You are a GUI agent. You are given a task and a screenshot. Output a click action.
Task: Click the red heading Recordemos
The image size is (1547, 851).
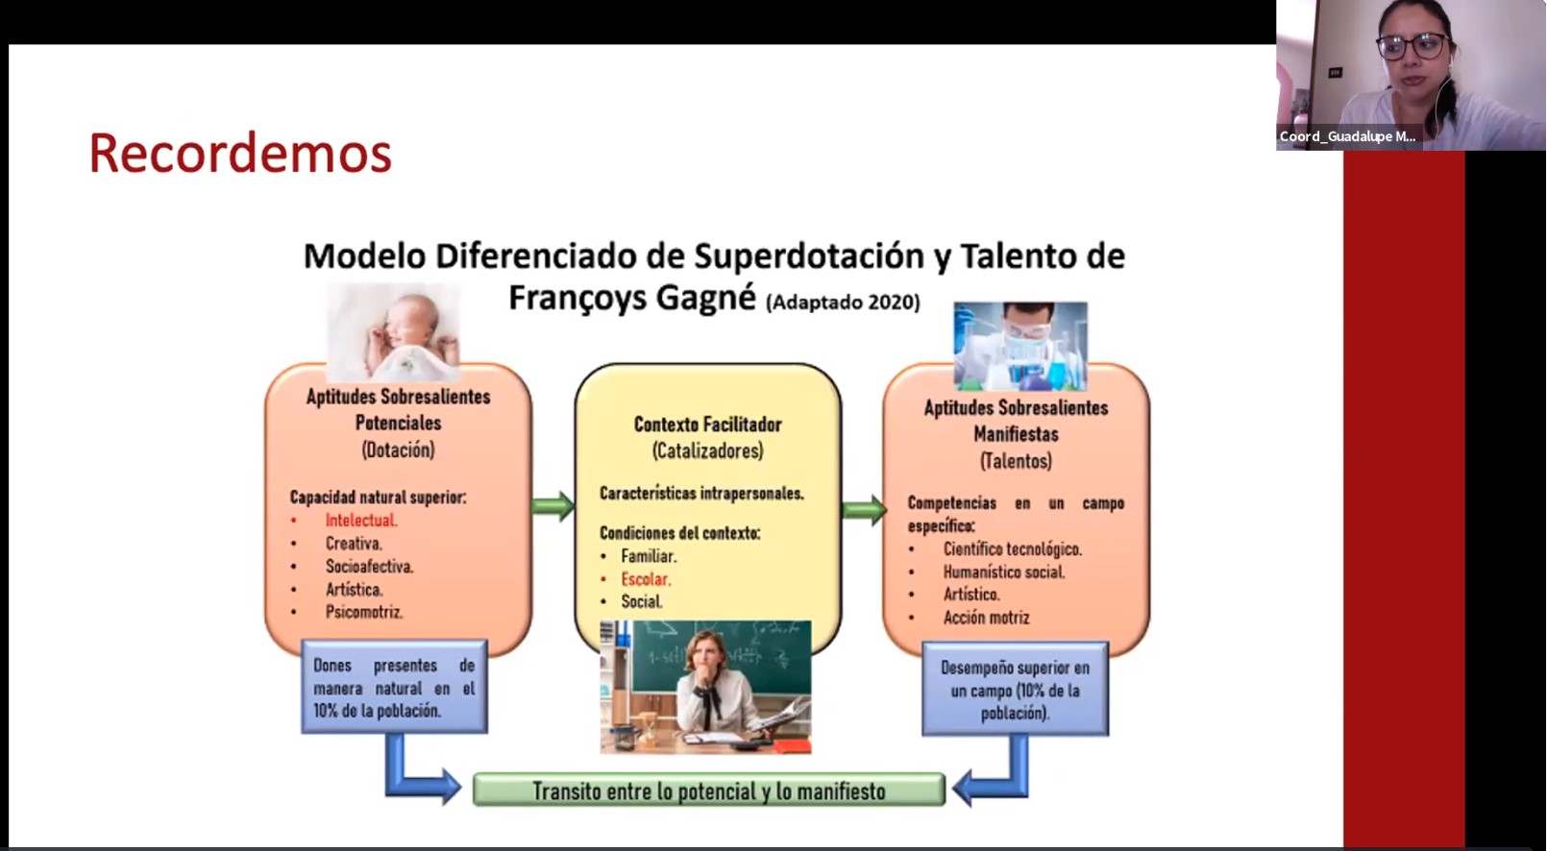240,154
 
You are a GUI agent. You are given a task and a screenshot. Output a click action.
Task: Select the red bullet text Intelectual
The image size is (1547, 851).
361,521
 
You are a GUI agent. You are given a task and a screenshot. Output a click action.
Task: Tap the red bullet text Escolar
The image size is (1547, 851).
646,579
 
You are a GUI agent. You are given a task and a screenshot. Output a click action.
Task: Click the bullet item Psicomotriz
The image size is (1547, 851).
364,612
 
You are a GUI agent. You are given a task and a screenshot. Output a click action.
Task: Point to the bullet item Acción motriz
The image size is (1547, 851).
986,618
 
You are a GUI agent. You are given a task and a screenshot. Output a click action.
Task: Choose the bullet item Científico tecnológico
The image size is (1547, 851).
1013,549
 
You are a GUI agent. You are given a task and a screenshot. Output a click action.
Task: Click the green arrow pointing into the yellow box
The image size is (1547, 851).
553,506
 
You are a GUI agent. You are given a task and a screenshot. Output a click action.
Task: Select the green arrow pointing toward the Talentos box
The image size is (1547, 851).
864,510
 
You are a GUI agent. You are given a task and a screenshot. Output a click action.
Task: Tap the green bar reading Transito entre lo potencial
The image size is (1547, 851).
708,790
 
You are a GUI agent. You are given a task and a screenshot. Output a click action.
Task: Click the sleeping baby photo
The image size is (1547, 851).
393,332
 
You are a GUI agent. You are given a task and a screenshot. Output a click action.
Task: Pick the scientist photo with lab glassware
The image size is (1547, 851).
1020,346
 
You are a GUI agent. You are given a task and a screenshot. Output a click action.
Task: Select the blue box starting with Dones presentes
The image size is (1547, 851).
394,687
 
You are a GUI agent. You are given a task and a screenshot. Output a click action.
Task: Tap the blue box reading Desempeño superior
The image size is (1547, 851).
1016,689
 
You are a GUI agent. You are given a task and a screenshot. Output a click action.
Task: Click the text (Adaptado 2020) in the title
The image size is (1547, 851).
844,303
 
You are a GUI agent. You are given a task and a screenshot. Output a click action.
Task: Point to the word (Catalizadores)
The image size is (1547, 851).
708,450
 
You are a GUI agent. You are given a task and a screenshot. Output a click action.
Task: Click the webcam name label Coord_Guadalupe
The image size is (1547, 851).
1347,136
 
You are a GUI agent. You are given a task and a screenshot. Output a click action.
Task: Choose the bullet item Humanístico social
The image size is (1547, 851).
1004,572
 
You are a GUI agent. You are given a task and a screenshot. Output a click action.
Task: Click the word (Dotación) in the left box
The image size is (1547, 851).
398,450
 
